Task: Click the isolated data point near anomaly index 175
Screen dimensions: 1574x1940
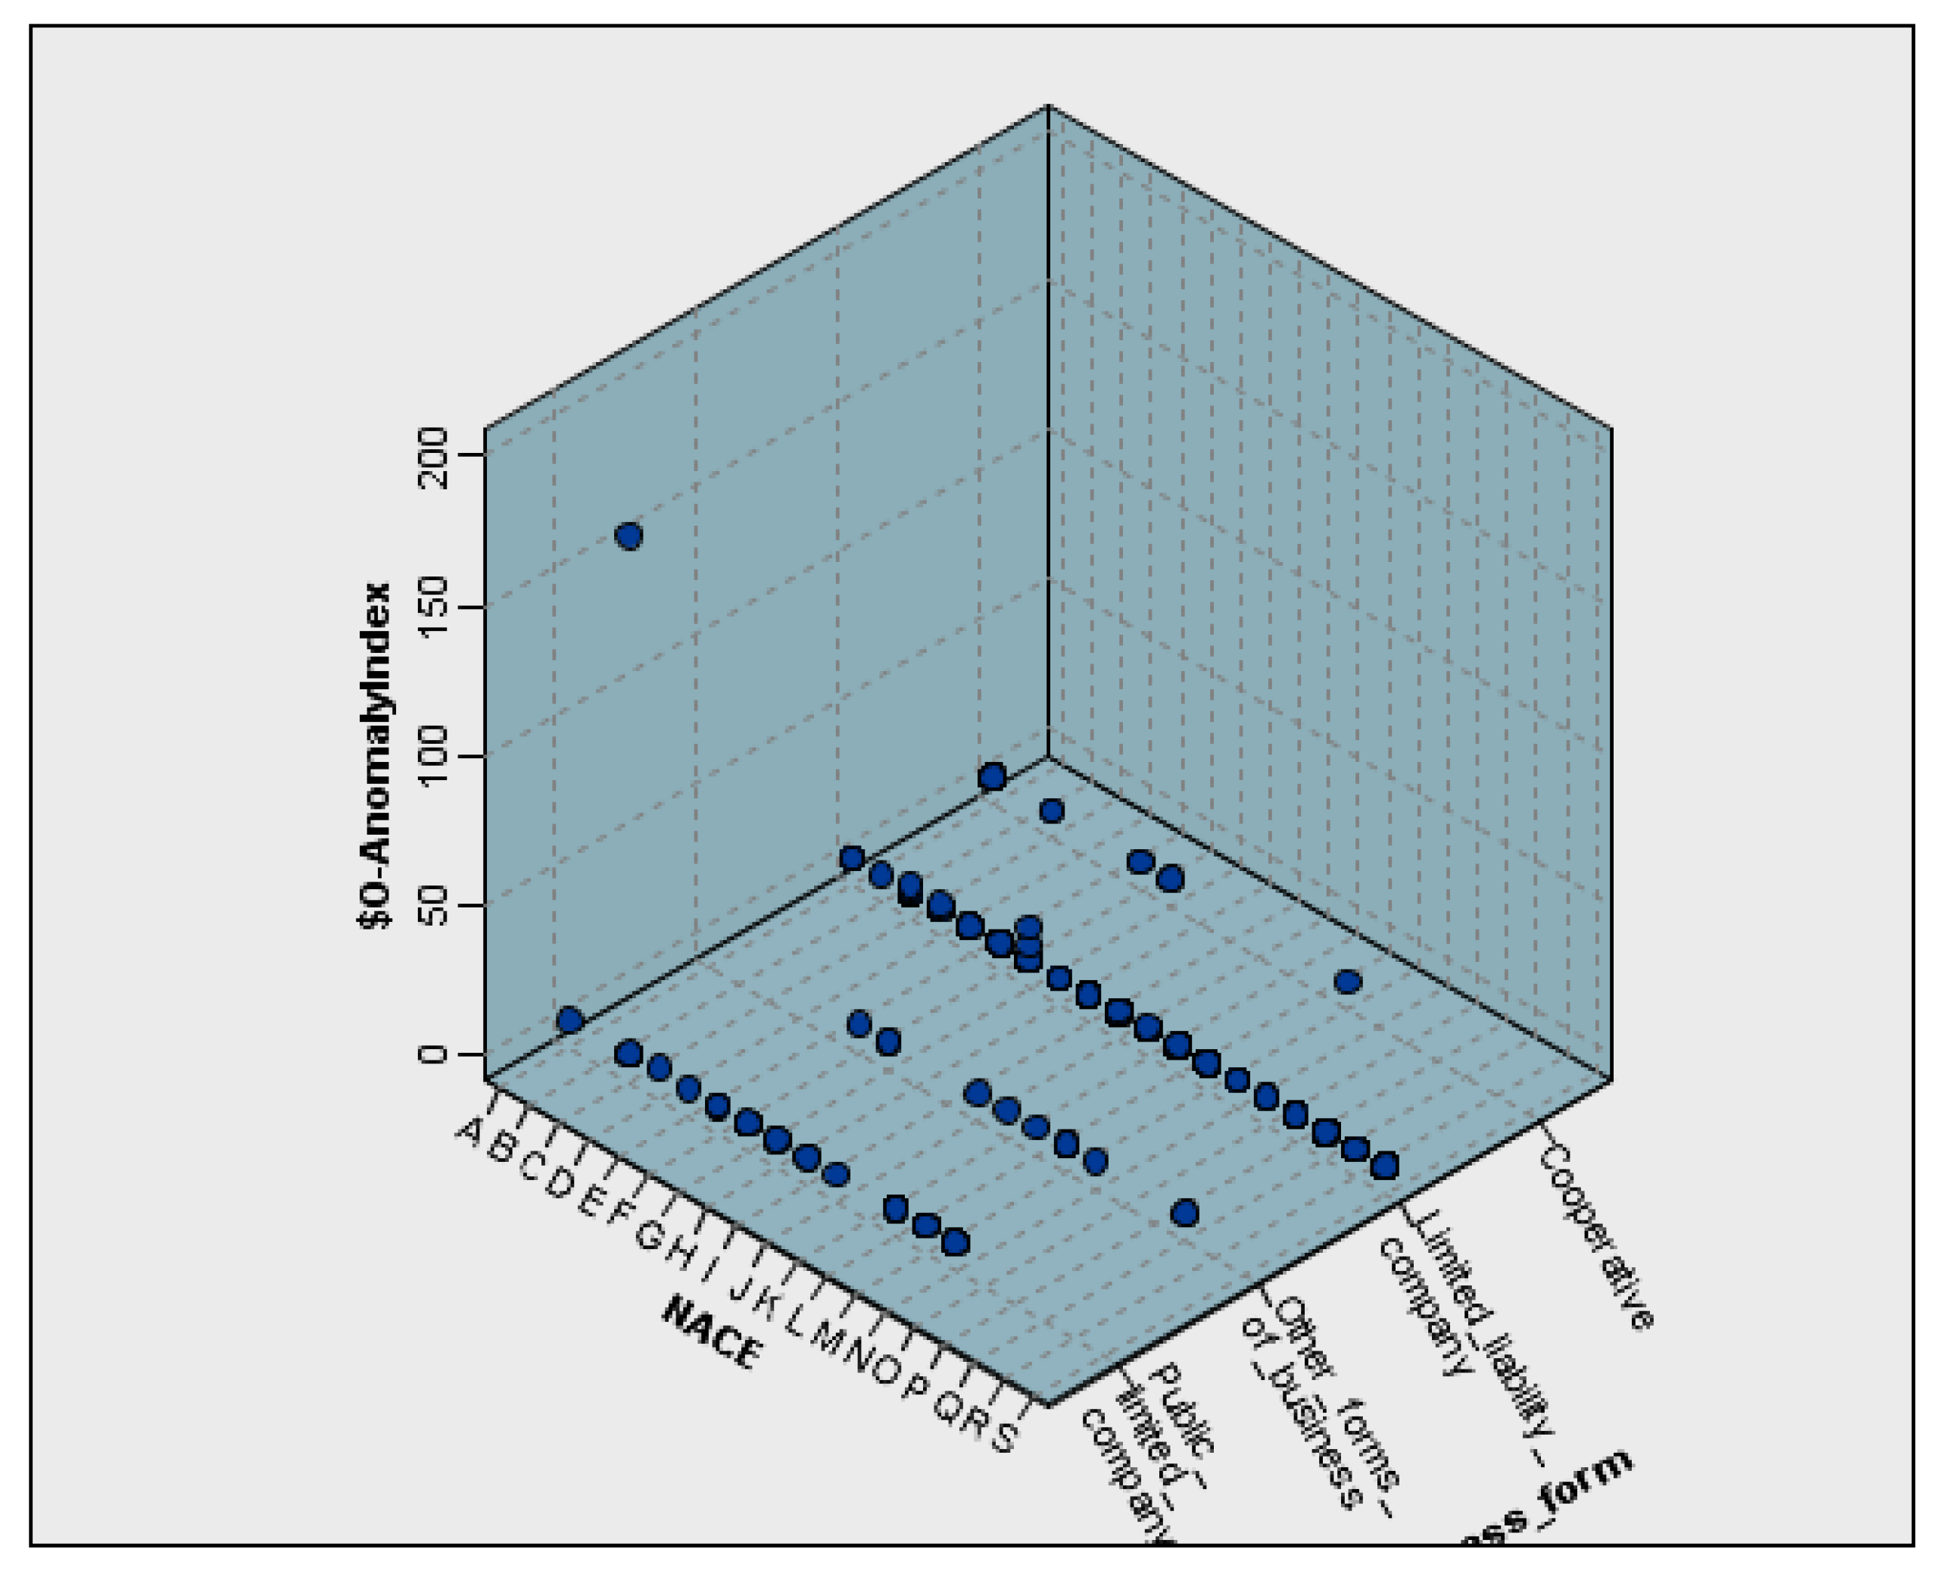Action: click(x=628, y=536)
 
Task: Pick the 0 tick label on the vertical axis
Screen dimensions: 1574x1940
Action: click(x=435, y=1054)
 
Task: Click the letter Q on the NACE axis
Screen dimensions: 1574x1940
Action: click(x=948, y=1407)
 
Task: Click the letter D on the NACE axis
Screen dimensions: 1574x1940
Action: click(x=560, y=1183)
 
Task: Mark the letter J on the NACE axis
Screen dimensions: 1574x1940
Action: click(x=741, y=1288)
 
